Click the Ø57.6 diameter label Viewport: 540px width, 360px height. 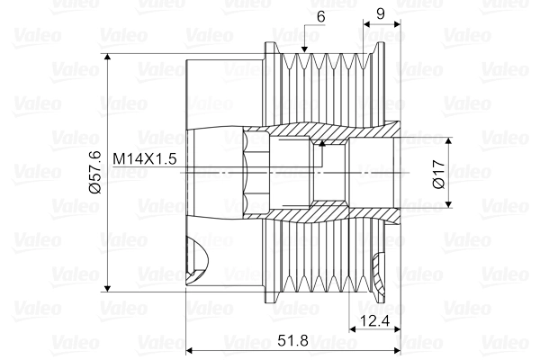95,172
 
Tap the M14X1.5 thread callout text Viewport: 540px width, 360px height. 145,159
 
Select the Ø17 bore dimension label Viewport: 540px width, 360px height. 438,175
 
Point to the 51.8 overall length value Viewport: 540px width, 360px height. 293,341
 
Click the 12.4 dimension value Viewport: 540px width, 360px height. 374,321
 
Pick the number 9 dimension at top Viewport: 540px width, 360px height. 381,14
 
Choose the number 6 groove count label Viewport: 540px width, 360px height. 321,16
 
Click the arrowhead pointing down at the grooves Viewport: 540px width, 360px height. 304,49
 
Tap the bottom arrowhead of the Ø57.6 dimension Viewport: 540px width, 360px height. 108,288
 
